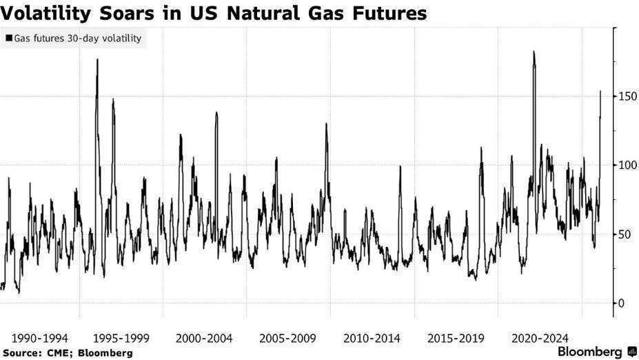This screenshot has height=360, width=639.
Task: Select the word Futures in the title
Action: [x=392, y=12]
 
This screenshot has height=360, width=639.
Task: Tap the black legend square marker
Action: [x=8, y=39]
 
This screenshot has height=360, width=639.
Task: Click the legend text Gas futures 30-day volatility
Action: [x=77, y=39]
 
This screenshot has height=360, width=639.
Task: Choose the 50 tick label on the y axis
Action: [x=625, y=234]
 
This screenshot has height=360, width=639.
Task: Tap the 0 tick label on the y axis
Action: [x=622, y=303]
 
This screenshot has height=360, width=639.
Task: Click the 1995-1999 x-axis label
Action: [x=121, y=339]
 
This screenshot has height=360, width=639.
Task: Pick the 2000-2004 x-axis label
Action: [x=204, y=339]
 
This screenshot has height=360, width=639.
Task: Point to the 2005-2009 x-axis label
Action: [x=288, y=339]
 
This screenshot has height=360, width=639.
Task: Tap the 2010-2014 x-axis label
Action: [x=372, y=339]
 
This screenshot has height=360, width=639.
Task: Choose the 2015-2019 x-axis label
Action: [x=456, y=339]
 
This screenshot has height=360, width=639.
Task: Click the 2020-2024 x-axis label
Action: [x=540, y=339]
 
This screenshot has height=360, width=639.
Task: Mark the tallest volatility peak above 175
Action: [x=534, y=52]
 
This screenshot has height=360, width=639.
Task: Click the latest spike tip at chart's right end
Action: [x=600, y=91]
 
